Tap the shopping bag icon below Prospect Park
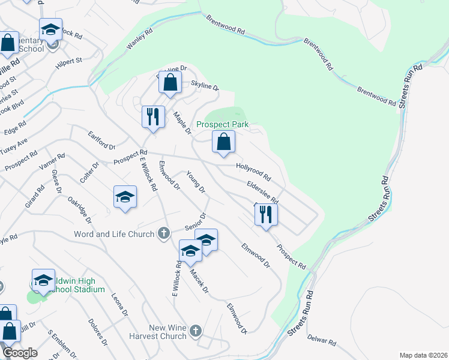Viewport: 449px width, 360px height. (x=223, y=143)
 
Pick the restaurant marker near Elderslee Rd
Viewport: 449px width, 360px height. (x=266, y=214)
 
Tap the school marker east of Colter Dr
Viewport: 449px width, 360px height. (x=125, y=197)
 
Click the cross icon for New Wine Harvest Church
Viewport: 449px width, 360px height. (x=196, y=331)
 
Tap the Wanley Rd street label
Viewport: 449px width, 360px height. (x=137, y=41)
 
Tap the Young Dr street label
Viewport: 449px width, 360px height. (x=196, y=183)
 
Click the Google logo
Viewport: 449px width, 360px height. (x=20, y=353)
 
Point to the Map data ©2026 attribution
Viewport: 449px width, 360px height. (x=423, y=355)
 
